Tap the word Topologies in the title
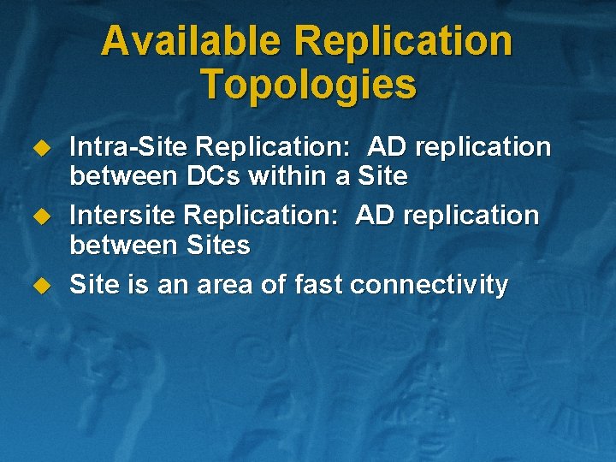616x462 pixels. [x=308, y=85]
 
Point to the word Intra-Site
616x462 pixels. [x=124, y=147]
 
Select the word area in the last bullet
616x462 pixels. [x=224, y=284]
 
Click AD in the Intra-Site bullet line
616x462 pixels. [x=386, y=147]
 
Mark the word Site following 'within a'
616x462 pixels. [x=382, y=177]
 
